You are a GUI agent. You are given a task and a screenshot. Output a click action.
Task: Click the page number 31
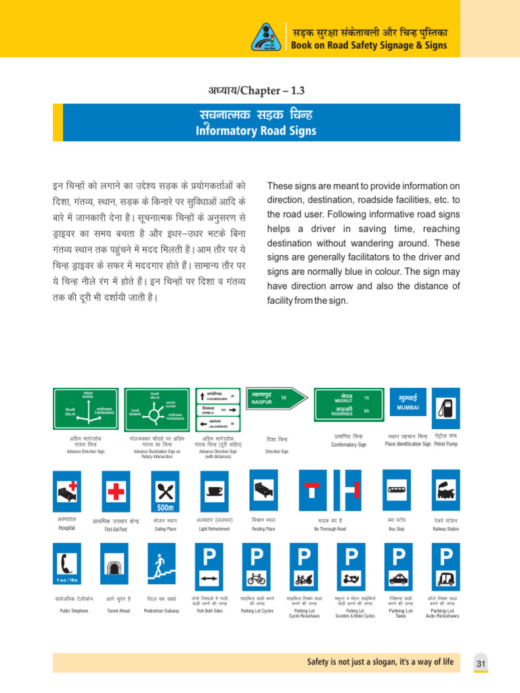click(481, 664)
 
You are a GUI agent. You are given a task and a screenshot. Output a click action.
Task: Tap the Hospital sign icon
click(67, 492)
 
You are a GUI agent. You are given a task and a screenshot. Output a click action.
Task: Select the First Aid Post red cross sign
click(115, 492)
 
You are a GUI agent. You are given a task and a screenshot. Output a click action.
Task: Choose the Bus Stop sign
click(395, 492)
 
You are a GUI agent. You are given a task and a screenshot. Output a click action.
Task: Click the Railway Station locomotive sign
click(446, 492)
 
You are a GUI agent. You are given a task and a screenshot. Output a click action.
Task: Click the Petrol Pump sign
click(447, 408)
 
